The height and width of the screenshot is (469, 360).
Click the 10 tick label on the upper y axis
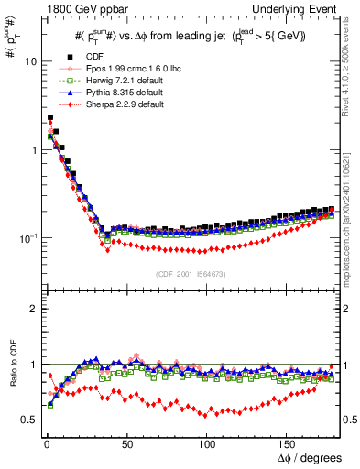28,61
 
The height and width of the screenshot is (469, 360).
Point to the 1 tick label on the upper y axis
32,149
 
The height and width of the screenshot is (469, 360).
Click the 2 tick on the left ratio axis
32,309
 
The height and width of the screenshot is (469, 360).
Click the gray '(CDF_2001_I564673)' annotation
192,274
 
